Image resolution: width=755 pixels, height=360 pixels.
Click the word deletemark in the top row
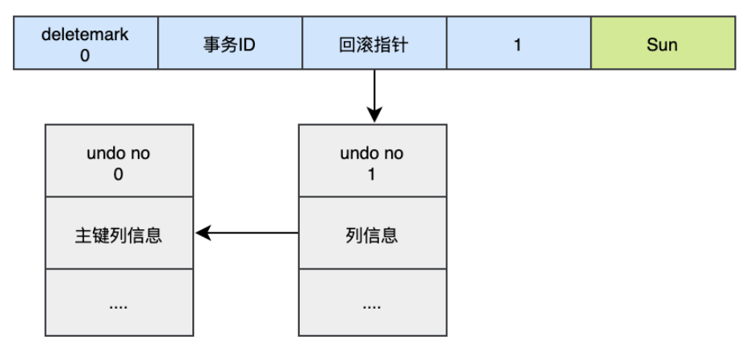point(86,34)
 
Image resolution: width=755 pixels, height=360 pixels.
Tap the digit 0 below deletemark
point(86,55)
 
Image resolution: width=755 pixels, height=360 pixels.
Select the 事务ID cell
point(230,45)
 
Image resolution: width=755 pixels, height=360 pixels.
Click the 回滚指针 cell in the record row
point(373,45)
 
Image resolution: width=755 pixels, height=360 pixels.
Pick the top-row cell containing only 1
point(518,45)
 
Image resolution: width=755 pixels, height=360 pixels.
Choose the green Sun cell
point(662,45)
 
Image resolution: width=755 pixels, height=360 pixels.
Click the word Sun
point(662,45)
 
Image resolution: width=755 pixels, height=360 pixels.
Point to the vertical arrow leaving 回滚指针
point(373,92)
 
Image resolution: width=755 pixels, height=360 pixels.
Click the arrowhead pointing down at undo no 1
point(373,116)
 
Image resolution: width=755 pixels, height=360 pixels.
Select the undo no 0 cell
point(119,162)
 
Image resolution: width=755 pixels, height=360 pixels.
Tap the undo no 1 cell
point(372,162)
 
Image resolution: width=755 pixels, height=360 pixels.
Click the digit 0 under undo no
point(119,174)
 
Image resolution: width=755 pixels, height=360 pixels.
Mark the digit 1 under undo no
point(372,174)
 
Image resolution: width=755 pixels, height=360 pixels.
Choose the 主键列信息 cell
point(119,235)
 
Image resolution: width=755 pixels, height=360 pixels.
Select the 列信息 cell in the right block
point(372,235)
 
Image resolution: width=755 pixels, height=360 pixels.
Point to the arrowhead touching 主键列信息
point(203,233)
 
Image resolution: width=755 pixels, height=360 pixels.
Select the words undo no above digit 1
point(372,153)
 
